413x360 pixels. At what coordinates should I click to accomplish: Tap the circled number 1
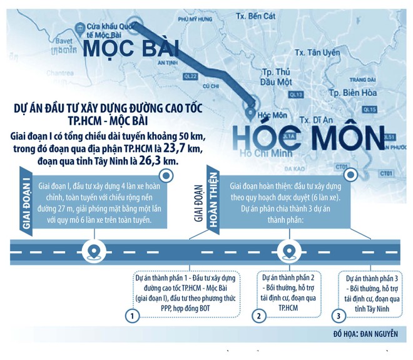(132, 317)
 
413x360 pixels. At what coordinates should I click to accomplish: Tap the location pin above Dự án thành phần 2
(288, 251)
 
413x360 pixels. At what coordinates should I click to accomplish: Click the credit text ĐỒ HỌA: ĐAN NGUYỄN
(356, 335)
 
